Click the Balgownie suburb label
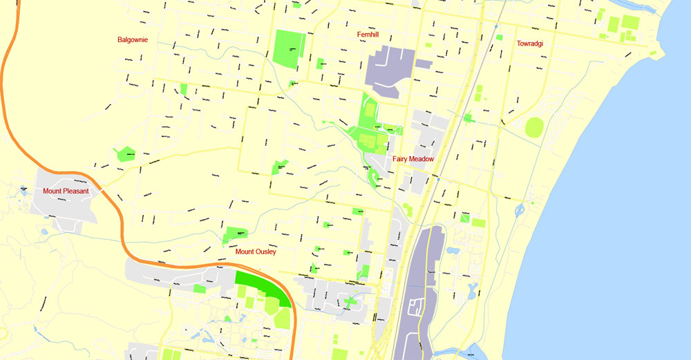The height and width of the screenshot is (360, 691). (x=133, y=40)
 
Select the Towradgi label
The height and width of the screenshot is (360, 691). (x=530, y=44)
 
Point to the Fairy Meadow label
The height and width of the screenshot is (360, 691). (x=413, y=159)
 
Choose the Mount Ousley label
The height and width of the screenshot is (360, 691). (x=256, y=252)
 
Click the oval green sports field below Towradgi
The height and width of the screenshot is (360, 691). (x=534, y=128)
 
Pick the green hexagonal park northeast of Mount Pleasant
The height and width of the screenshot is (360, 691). (x=125, y=154)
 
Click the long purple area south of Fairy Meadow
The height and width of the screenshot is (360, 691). (x=419, y=290)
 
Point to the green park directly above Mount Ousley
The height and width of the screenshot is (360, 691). (x=236, y=234)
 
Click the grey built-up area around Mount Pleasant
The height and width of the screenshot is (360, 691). (x=62, y=207)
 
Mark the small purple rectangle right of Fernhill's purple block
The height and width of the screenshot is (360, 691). (x=424, y=64)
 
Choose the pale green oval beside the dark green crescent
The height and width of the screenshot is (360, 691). (x=282, y=318)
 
